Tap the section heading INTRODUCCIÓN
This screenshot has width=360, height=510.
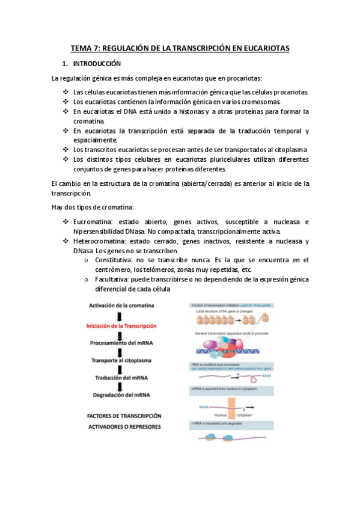(97, 63)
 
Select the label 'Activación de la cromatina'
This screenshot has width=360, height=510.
(121, 306)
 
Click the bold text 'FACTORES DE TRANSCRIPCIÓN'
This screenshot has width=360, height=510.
(124, 416)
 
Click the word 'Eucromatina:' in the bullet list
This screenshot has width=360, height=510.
(93, 222)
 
